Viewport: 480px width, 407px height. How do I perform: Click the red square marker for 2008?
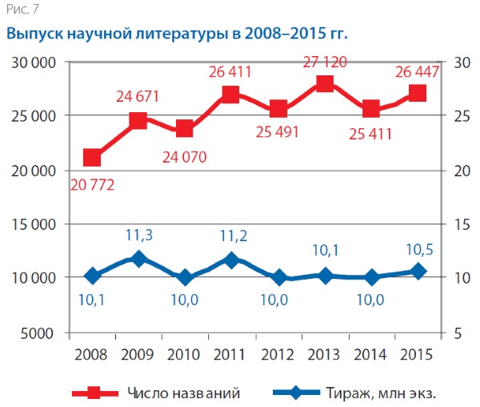coord(92,158)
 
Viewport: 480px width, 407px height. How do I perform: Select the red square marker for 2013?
coord(324,85)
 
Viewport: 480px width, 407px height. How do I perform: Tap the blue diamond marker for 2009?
coord(138,259)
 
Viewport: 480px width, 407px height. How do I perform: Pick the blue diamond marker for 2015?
coord(417,271)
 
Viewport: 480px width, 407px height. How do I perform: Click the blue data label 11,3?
coord(140,236)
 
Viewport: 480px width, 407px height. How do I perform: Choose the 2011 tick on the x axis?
coord(231,353)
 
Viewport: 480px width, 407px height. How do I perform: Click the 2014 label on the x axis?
coord(370,353)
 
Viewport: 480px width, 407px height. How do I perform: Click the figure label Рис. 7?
coord(20,9)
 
